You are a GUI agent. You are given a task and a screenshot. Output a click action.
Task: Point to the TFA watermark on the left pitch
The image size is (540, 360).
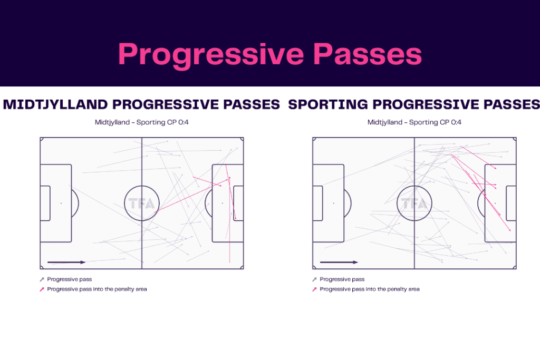click(x=141, y=203)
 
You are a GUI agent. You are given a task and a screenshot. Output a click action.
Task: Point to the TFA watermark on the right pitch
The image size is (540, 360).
click(x=414, y=203)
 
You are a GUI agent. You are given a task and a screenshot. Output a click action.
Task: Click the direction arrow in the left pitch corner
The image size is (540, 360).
click(x=66, y=262)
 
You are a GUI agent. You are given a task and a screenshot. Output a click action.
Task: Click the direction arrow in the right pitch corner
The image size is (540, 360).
click(x=339, y=262)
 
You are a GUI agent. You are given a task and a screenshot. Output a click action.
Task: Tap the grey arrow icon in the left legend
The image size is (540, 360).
click(x=42, y=279)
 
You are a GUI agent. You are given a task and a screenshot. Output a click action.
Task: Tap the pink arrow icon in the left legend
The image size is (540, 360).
click(x=42, y=289)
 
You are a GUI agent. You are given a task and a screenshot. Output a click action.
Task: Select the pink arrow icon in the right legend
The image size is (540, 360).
click(x=315, y=289)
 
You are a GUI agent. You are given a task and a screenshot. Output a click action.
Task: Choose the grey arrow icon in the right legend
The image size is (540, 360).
click(x=315, y=279)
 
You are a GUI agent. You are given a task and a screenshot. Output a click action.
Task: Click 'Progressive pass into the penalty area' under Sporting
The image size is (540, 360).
click(x=370, y=289)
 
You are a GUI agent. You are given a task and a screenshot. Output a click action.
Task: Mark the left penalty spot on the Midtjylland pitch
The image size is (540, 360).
click(x=61, y=203)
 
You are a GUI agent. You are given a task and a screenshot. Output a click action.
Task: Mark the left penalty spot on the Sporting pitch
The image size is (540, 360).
click(x=333, y=203)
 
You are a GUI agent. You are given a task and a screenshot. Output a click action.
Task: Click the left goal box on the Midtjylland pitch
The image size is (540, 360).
click(x=45, y=203)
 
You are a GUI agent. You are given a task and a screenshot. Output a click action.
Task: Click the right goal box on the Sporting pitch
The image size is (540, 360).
click(x=511, y=203)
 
